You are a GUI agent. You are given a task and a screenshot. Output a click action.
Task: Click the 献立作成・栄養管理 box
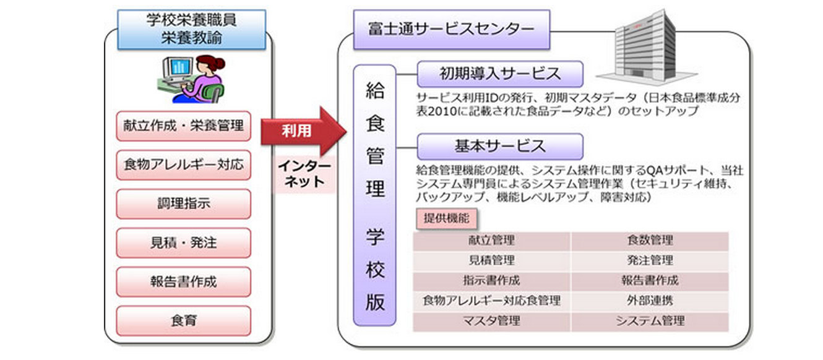pos(183,126)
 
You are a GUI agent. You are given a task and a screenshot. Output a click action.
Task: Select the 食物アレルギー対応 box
pos(183,165)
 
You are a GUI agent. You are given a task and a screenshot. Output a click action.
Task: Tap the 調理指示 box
pos(183,204)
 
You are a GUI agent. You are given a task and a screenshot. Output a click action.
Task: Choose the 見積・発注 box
pos(183,243)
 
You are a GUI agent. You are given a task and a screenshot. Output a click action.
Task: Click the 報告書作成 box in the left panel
pos(183,282)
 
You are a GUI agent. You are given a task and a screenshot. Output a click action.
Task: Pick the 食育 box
pos(183,321)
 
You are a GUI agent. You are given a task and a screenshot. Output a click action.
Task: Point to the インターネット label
pos(304,174)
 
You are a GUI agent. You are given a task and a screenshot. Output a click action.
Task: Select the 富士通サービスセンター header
pos(450,29)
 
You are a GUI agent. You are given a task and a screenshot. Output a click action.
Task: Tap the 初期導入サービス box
pos(499,74)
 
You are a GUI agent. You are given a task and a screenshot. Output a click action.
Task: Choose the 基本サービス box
pos(499,146)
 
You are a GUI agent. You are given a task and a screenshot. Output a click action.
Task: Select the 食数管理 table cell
pos(649,240)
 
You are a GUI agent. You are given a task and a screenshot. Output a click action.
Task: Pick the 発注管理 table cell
pos(649,260)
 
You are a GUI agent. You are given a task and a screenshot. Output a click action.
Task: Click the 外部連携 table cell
pos(649,301)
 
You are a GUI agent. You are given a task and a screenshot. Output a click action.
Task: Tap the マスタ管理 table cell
pos(491,321)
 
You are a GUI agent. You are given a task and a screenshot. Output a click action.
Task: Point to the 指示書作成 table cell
pos(491,280)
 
